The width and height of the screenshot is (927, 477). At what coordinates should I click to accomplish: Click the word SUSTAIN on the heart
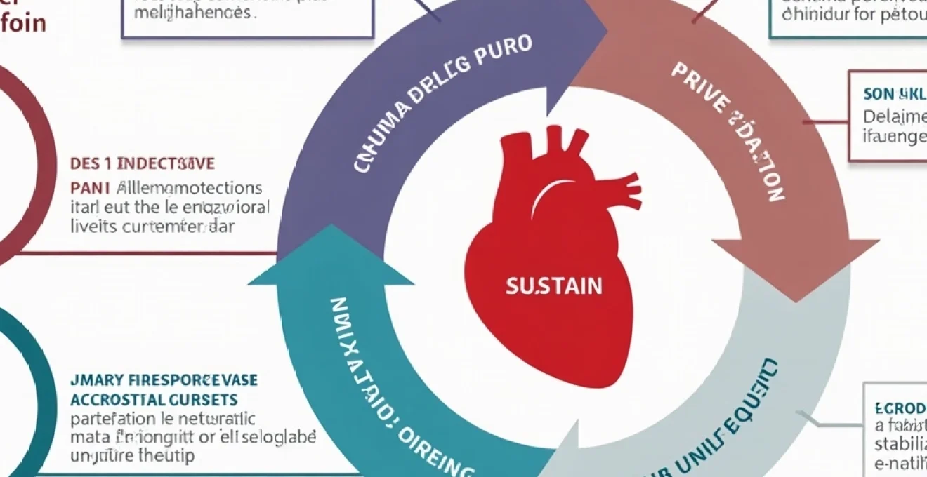tap(553, 286)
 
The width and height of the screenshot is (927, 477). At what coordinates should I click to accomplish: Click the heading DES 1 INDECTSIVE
tap(143, 164)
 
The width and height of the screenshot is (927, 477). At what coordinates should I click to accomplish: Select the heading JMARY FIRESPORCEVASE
tap(164, 381)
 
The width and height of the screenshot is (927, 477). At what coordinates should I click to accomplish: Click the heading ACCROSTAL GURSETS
tap(154, 400)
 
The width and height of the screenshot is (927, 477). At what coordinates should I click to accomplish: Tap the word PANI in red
tap(90, 188)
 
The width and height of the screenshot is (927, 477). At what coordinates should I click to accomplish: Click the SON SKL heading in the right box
tap(894, 94)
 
